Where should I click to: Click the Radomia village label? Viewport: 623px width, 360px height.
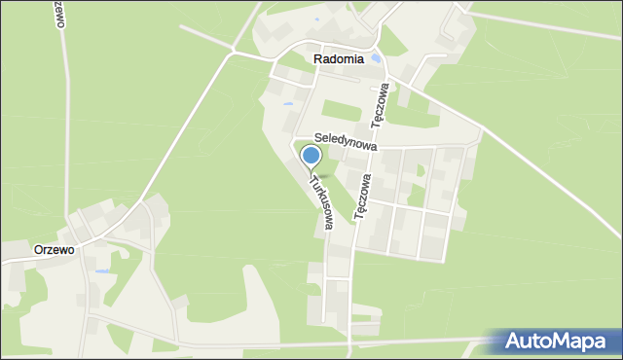(x=339, y=59)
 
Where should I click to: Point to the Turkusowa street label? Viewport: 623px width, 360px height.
(x=321, y=202)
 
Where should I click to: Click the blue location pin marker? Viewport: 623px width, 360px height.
(x=311, y=156)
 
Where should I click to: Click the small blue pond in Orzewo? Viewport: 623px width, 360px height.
(x=101, y=271)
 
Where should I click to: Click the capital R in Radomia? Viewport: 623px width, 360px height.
(x=318, y=59)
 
